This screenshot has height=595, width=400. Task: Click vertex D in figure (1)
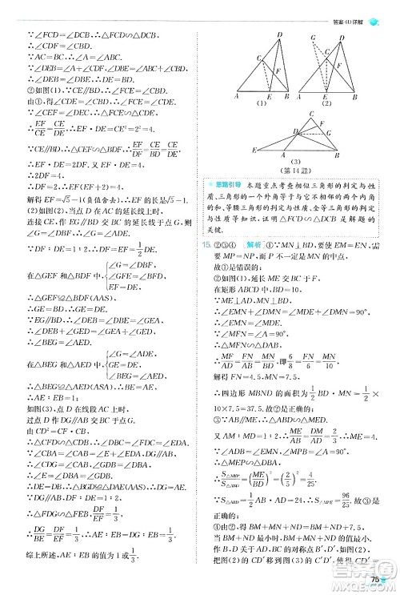tap(280, 35)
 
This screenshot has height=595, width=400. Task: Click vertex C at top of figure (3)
tap(298, 111)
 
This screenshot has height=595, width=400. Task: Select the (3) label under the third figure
tap(297, 159)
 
